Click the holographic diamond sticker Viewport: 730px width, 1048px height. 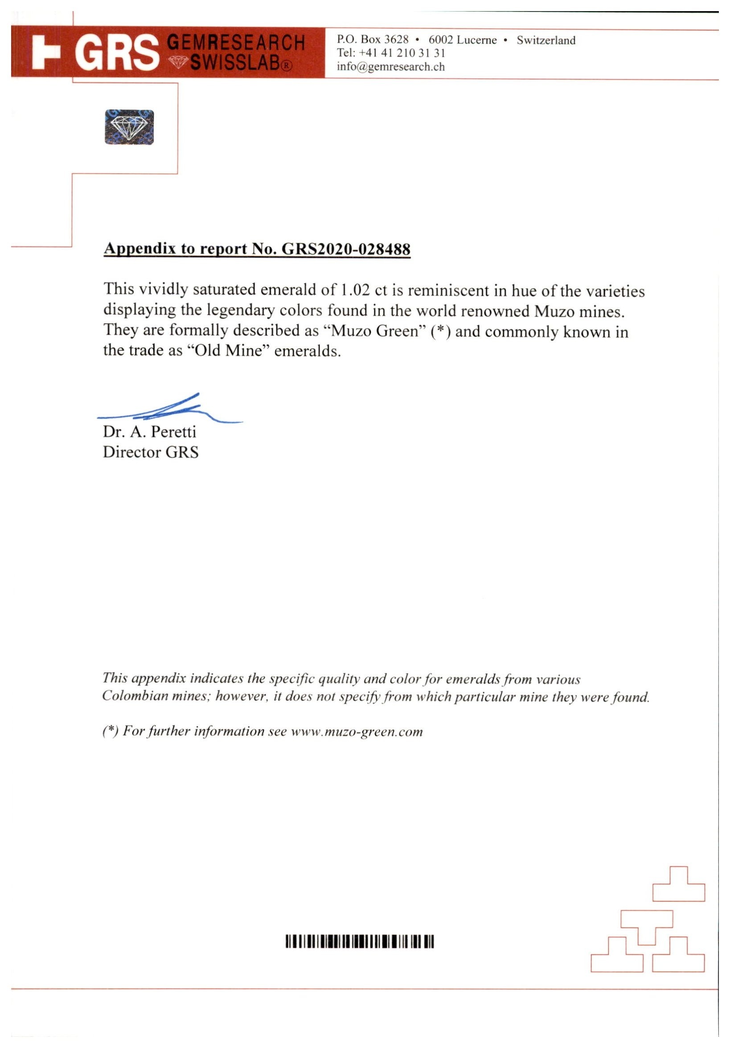[129, 127]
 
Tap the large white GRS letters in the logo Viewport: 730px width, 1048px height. [117, 53]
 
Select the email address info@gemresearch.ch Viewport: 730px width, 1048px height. [390, 67]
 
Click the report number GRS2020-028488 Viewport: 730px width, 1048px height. [345, 249]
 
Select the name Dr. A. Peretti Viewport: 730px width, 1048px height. [149, 431]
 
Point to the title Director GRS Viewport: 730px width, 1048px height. [151, 452]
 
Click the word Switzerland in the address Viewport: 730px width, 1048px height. [545, 40]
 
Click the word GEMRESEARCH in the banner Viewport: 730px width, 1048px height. [236, 43]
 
